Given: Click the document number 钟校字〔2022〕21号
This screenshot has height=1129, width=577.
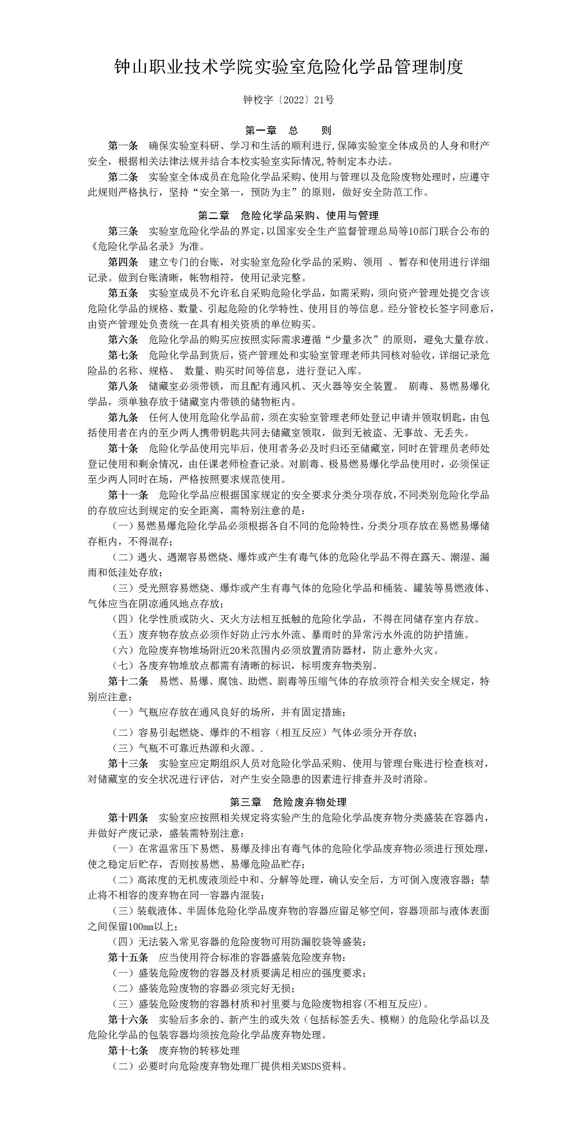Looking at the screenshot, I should click(x=288, y=100).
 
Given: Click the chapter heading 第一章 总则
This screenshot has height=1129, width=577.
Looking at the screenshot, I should click(x=288, y=130).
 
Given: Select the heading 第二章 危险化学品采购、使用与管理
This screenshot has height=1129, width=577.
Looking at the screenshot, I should click(x=288, y=216).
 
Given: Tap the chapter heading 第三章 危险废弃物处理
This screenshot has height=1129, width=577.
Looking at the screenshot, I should click(x=288, y=802).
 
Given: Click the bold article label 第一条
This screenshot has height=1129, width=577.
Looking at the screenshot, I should click(x=123, y=146).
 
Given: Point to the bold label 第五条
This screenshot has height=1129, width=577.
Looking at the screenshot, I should click(x=123, y=293).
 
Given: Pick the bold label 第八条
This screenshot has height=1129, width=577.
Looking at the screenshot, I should click(x=123, y=386).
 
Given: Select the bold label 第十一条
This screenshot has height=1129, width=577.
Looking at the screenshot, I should click(x=128, y=495).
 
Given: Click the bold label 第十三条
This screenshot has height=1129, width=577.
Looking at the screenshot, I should click(x=128, y=763).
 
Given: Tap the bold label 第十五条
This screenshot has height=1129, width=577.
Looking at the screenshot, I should click(x=128, y=957).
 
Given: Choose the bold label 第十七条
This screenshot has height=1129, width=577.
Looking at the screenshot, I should click(x=128, y=1050).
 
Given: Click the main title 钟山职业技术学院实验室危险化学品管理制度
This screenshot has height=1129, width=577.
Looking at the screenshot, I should click(x=288, y=67).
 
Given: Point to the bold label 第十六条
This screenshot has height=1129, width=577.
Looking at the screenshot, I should click(x=128, y=1019).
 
